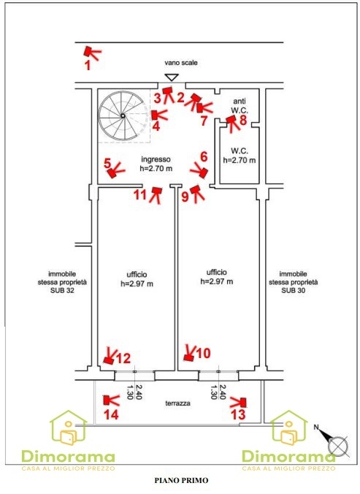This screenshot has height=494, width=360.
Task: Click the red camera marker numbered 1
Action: (x=92, y=53)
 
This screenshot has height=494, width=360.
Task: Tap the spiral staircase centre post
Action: (x=123, y=116)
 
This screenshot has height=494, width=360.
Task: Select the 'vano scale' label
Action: (x=181, y=63)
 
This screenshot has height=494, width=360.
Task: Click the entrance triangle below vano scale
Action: (x=172, y=77)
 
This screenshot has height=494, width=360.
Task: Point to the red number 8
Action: (x=243, y=120)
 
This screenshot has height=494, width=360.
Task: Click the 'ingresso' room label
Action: (x=156, y=159)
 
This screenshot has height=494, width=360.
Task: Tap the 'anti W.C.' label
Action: (x=240, y=106)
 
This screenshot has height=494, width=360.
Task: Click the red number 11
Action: (x=140, y=194)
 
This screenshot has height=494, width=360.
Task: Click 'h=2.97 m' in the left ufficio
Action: (x=137, y=284)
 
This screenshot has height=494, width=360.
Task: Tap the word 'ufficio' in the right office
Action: (x=216, y=272)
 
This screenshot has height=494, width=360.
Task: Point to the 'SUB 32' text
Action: (x=62, y=290)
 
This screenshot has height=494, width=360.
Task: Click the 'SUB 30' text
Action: (x=294, y=290)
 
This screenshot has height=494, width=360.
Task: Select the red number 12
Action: (x=123, y=358)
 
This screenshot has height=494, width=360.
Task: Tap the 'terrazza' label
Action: (x=177, y=403)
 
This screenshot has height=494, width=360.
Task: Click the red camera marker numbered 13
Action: (x=239, y=402)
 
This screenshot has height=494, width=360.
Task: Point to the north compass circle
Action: (x=338, y=446)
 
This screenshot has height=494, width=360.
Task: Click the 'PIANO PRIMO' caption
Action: (x=181, y=480)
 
